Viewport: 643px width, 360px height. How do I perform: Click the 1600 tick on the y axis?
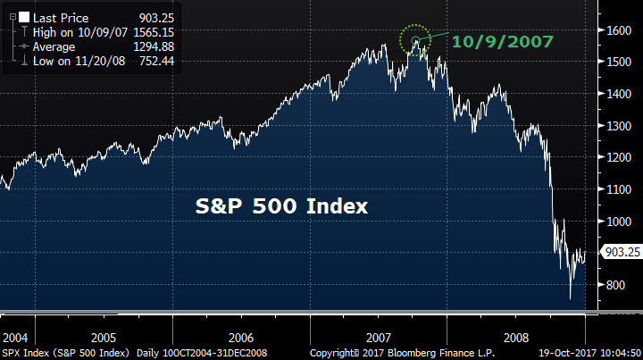(x=620, y=29)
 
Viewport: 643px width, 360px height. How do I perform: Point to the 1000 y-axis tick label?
(x=620, y=222)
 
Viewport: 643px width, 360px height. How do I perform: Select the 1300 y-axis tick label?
(x=620, y=126)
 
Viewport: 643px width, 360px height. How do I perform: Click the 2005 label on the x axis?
(x=103, y=339)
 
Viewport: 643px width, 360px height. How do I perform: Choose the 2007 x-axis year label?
(x=380, y=339)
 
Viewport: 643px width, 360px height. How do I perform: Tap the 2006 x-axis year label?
(x=241, y=339)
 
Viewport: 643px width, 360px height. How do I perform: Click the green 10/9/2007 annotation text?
(x=502, y=41)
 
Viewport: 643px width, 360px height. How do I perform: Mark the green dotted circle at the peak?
(x=415, y=39)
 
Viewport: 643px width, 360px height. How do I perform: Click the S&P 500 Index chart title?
(x=282, y=206)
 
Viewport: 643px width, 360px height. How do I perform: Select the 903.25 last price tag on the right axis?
(x=621, y=254)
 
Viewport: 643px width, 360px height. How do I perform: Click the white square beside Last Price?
(x=23, y=17)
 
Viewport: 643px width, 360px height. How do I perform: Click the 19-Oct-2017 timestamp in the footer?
(x=586, y=354)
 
